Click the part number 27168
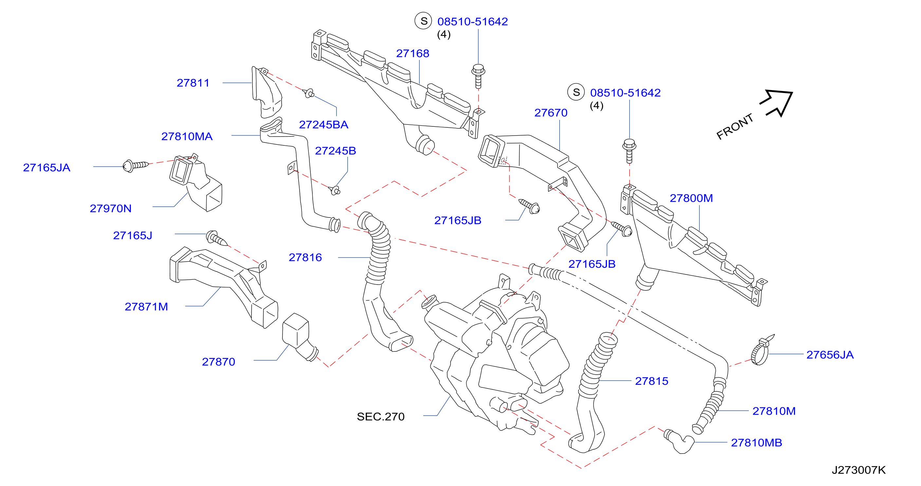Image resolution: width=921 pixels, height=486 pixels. pos(412,53)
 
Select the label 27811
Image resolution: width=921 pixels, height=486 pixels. pos(193,83)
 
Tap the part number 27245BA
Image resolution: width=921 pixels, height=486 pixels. pos(323,124)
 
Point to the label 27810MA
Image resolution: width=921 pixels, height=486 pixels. pos(187,136)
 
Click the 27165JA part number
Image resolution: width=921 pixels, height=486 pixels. pos(46,167)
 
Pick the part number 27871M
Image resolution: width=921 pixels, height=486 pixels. pos(146,307)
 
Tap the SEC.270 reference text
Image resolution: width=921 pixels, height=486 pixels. pos(380,416)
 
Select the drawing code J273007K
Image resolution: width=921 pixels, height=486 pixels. pos(858,470)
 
